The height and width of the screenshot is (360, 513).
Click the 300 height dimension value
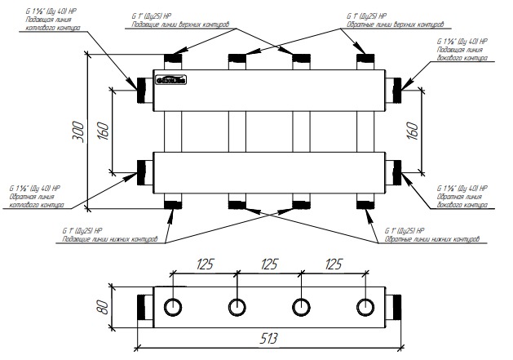(77, 133)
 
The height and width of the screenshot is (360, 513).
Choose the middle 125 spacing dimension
(268, 264)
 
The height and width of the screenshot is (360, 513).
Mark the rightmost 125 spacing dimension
(332, 264)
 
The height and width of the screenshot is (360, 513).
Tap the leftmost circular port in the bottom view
(173, 308)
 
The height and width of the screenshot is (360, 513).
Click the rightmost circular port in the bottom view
(364, 308)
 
